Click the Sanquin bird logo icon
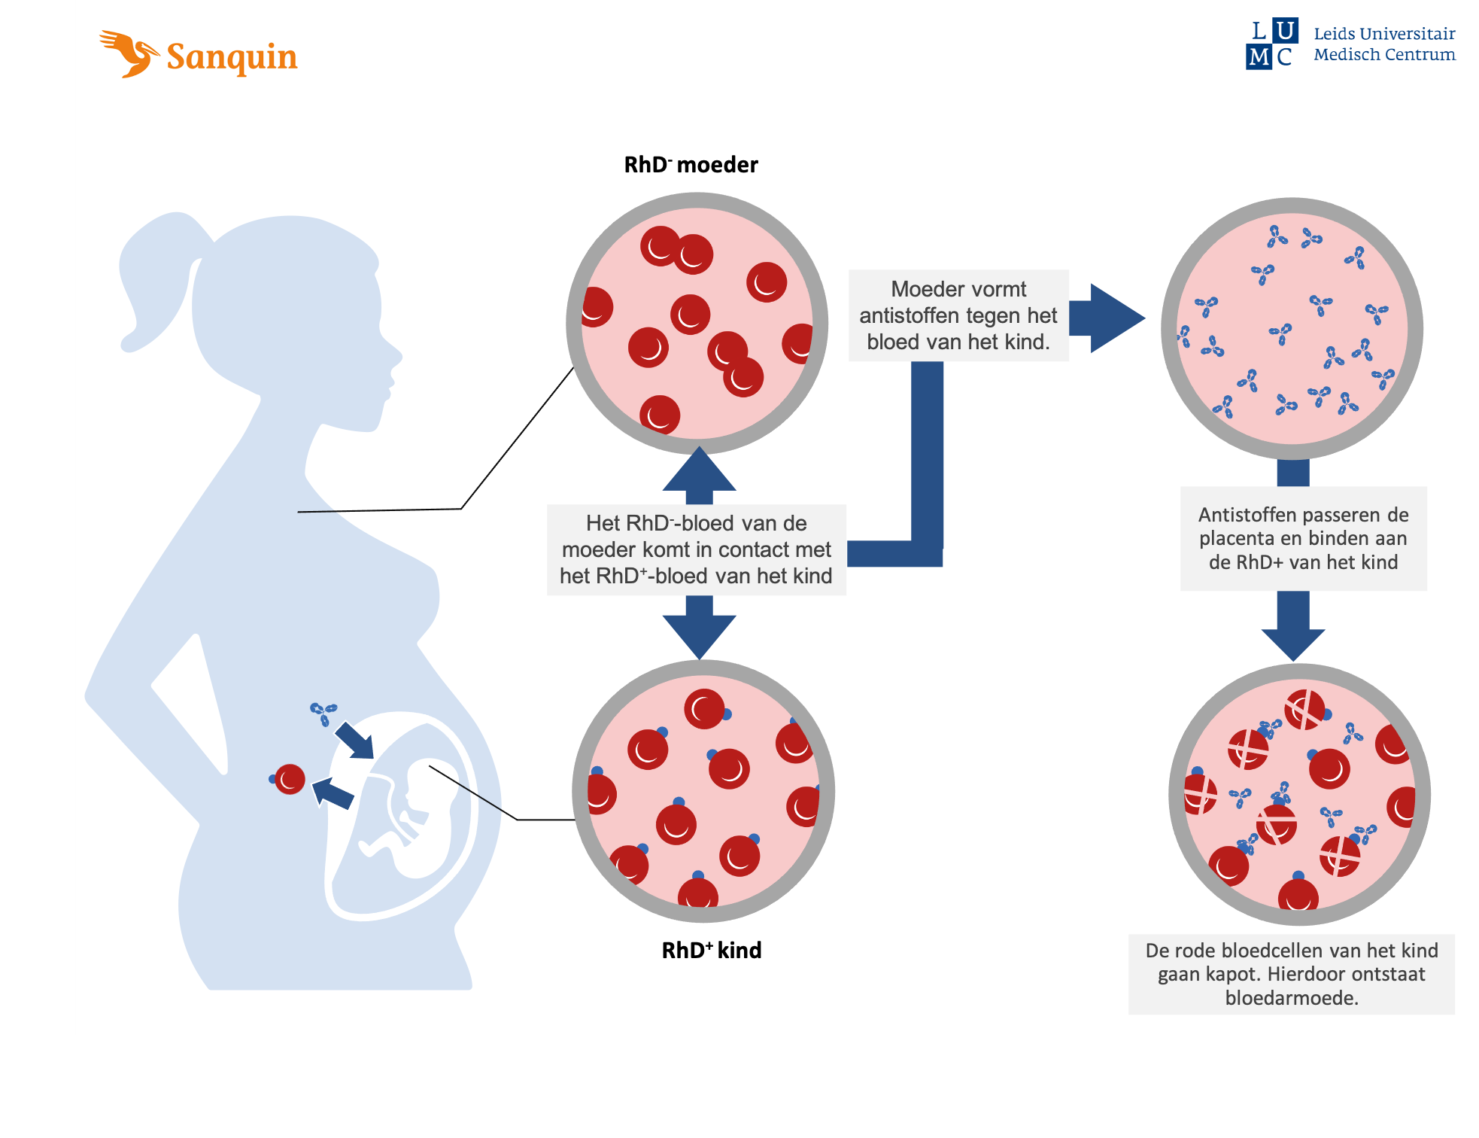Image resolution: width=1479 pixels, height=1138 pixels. coord(128,53)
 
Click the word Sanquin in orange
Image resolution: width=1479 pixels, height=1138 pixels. coord(232,57)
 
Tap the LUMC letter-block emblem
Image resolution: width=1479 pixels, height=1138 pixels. coord(1271,44)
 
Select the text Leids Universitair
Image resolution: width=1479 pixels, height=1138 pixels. coord(1384,34)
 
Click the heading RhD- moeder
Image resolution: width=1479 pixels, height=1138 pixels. coord(691,165)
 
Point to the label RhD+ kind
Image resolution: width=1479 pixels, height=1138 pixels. coord(711,951)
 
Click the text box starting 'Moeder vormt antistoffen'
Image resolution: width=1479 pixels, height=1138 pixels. coord(958,315)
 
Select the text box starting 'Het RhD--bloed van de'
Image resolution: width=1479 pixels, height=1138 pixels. coord(696,549)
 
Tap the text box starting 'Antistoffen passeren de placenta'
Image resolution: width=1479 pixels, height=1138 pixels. coord(1303,538)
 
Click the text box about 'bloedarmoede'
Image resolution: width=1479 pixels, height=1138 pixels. coord(1291,974)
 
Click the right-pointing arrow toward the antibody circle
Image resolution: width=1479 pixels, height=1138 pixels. coord(1107,318)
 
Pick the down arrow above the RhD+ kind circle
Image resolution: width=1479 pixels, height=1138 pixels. coord(700,628)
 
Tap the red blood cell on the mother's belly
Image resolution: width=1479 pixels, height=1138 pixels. coord(290,779)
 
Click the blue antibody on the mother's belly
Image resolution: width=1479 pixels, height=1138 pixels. coord(324,712)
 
